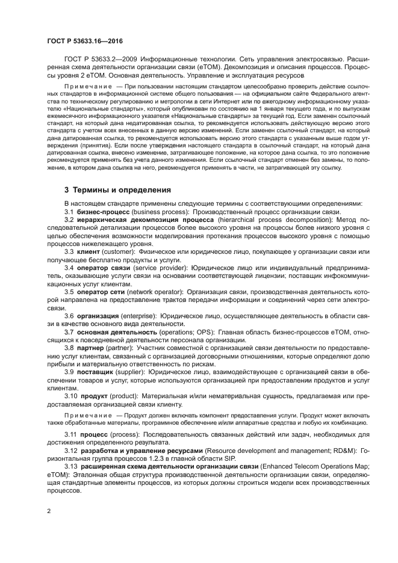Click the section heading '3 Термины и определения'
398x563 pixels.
coord(117,189)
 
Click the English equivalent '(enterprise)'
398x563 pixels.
coord(138,316)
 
